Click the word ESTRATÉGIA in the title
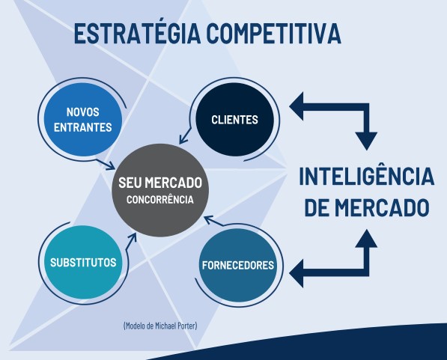pos(138,33)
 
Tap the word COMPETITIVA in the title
pos(274,34)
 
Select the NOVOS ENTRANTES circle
pos(83,120)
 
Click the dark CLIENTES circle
pos(234,120)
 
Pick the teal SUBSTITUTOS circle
pos(83,262)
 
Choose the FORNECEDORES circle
pos(238,265)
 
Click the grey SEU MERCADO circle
pos(160,190)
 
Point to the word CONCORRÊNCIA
pos(160,200)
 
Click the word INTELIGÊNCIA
pos(367,177)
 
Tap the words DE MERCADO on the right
pos(367,207)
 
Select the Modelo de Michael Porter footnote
pos(160,326)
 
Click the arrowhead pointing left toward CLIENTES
pos(297,106)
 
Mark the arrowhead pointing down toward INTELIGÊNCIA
pos(367,141)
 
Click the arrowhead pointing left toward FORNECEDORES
pos(297,273)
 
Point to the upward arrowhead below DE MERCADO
pos(367,238)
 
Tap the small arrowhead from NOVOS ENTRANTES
pos(111,166)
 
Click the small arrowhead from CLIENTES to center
pos(183,139)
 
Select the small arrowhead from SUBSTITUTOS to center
pos(133,238)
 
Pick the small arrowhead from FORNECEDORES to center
pos(209,219)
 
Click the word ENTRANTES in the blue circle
pos(83,127)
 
